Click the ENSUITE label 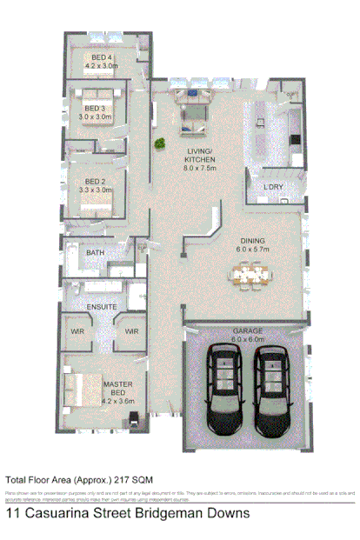tap(101, 307)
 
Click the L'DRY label tap(275, 189)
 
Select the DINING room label tap(253, 241)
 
